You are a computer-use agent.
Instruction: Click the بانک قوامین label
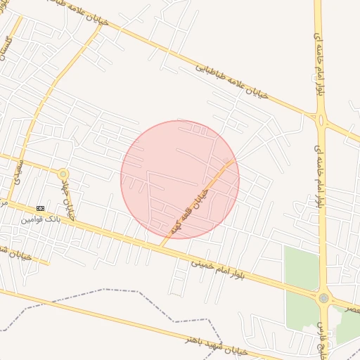pos(40,219)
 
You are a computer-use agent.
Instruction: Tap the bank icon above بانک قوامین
pos(40,209)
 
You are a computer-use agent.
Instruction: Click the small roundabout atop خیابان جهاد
pos(63,173)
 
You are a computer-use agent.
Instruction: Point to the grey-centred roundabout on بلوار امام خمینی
pos(323,298)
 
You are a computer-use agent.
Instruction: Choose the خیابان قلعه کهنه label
pos(188,210)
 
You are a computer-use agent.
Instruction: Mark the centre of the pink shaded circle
pos(180,179)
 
